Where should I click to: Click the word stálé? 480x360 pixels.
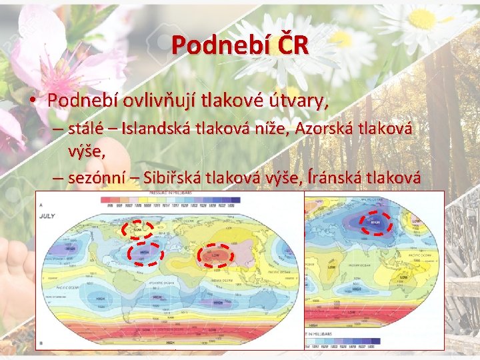pyautogui.click(x=89, y=129)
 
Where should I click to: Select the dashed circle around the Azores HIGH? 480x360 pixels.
pyautogui.click(x=144, y=253)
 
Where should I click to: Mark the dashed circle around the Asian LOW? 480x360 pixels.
pyautogui.click(x=215, y=255)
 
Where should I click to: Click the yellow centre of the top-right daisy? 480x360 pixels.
pyautogui.click(x=422, y=18)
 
